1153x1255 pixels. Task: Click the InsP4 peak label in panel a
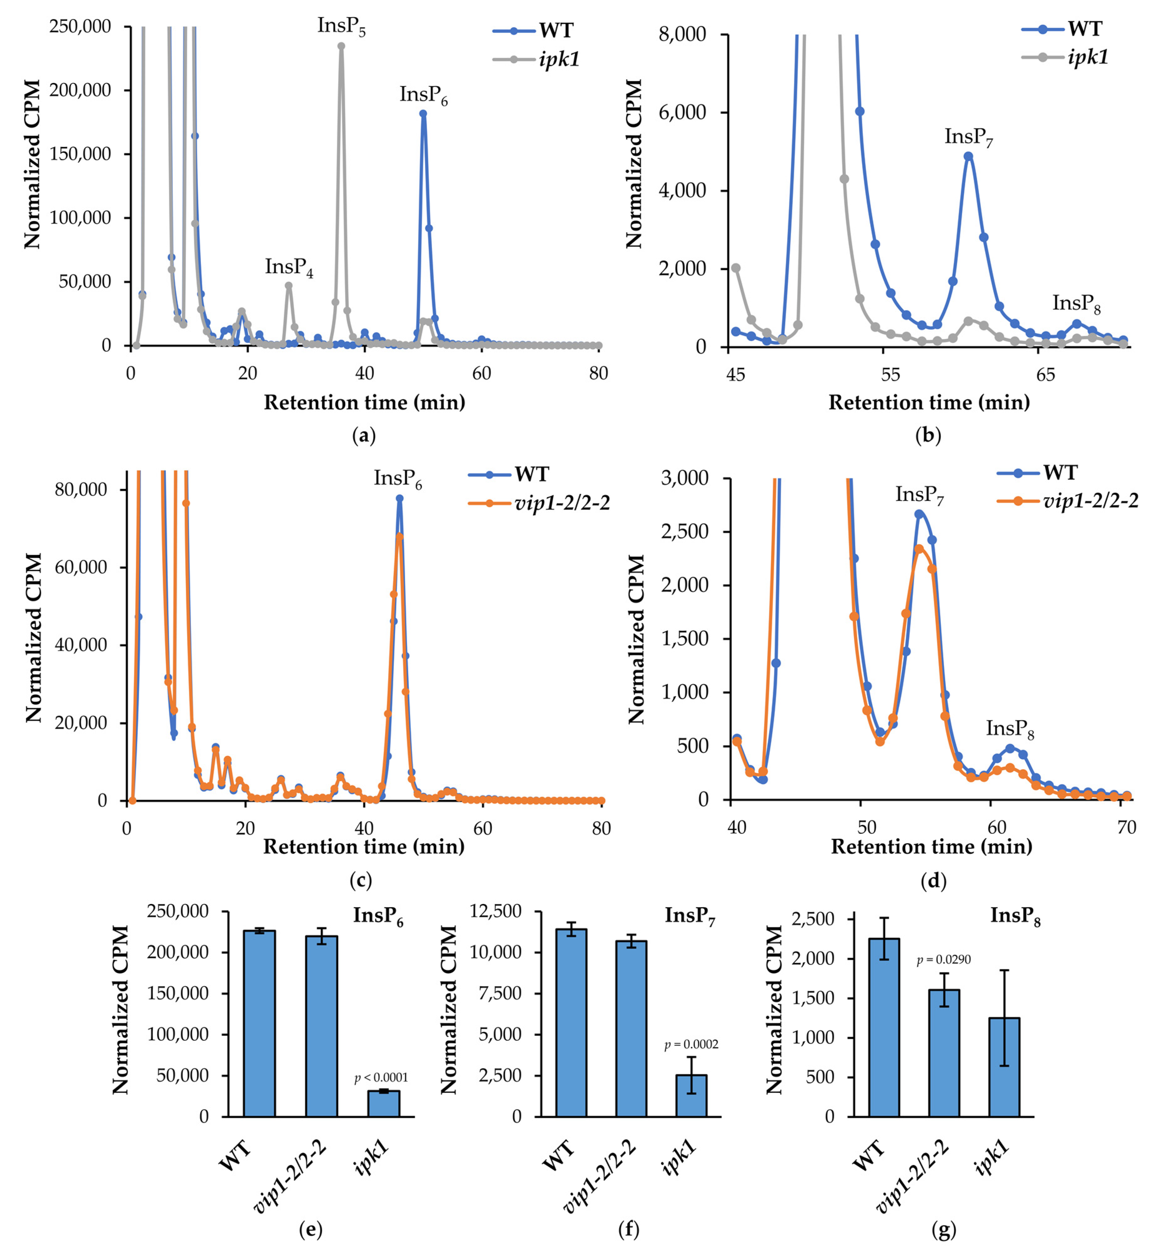[288, 268]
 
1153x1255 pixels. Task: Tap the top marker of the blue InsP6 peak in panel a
[423, 114]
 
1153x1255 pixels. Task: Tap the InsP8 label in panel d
[1009, 729]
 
